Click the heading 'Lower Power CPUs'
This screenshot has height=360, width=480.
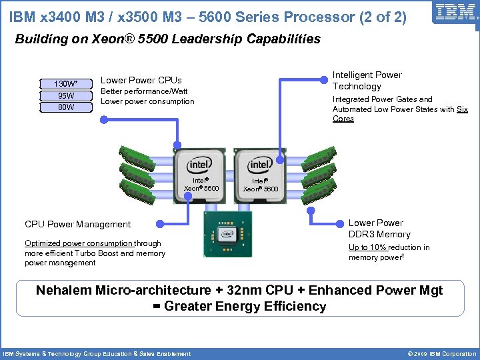141,80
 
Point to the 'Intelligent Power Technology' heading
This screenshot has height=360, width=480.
367,81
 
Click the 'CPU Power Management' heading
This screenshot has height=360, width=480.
77,224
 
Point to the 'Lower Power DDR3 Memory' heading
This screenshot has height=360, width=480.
379,229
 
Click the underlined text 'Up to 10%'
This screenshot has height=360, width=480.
367,247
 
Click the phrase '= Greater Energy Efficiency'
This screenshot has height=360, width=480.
239,307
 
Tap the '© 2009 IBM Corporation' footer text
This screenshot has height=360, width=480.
437,354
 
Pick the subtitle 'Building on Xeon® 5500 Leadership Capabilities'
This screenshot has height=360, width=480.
167,39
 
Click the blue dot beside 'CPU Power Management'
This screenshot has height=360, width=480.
159,224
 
